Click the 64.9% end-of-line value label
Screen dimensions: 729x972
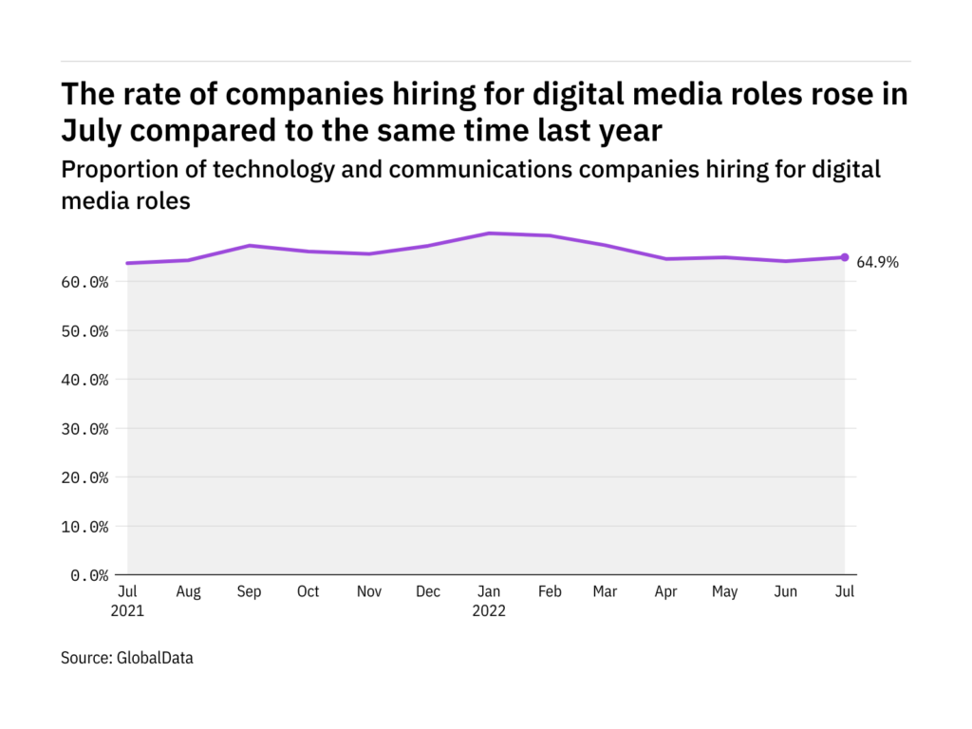(x=877, y=263)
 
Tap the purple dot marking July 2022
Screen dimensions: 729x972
(x=845, y=257)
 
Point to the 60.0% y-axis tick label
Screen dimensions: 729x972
(x=84, y=282)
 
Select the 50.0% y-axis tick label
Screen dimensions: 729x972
(x=84, y=331)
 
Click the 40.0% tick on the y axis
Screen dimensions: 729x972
(x=84, y=380)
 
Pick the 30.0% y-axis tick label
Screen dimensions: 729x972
(x=84, y=429)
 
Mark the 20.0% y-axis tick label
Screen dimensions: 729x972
(x=84, y=477)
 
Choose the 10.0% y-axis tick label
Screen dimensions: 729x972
(x=84, y=527)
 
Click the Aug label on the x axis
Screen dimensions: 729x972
(x=188, y=592)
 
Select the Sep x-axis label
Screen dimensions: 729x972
(x=249, y=592)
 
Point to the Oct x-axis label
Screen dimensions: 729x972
(x=308, y=592)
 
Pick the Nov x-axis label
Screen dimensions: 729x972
(x=368, y=592)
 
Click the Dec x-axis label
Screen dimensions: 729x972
(x=428, y=592)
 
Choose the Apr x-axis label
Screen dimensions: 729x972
(x=665, y=592)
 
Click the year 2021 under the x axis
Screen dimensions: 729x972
(x=127, y=611)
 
